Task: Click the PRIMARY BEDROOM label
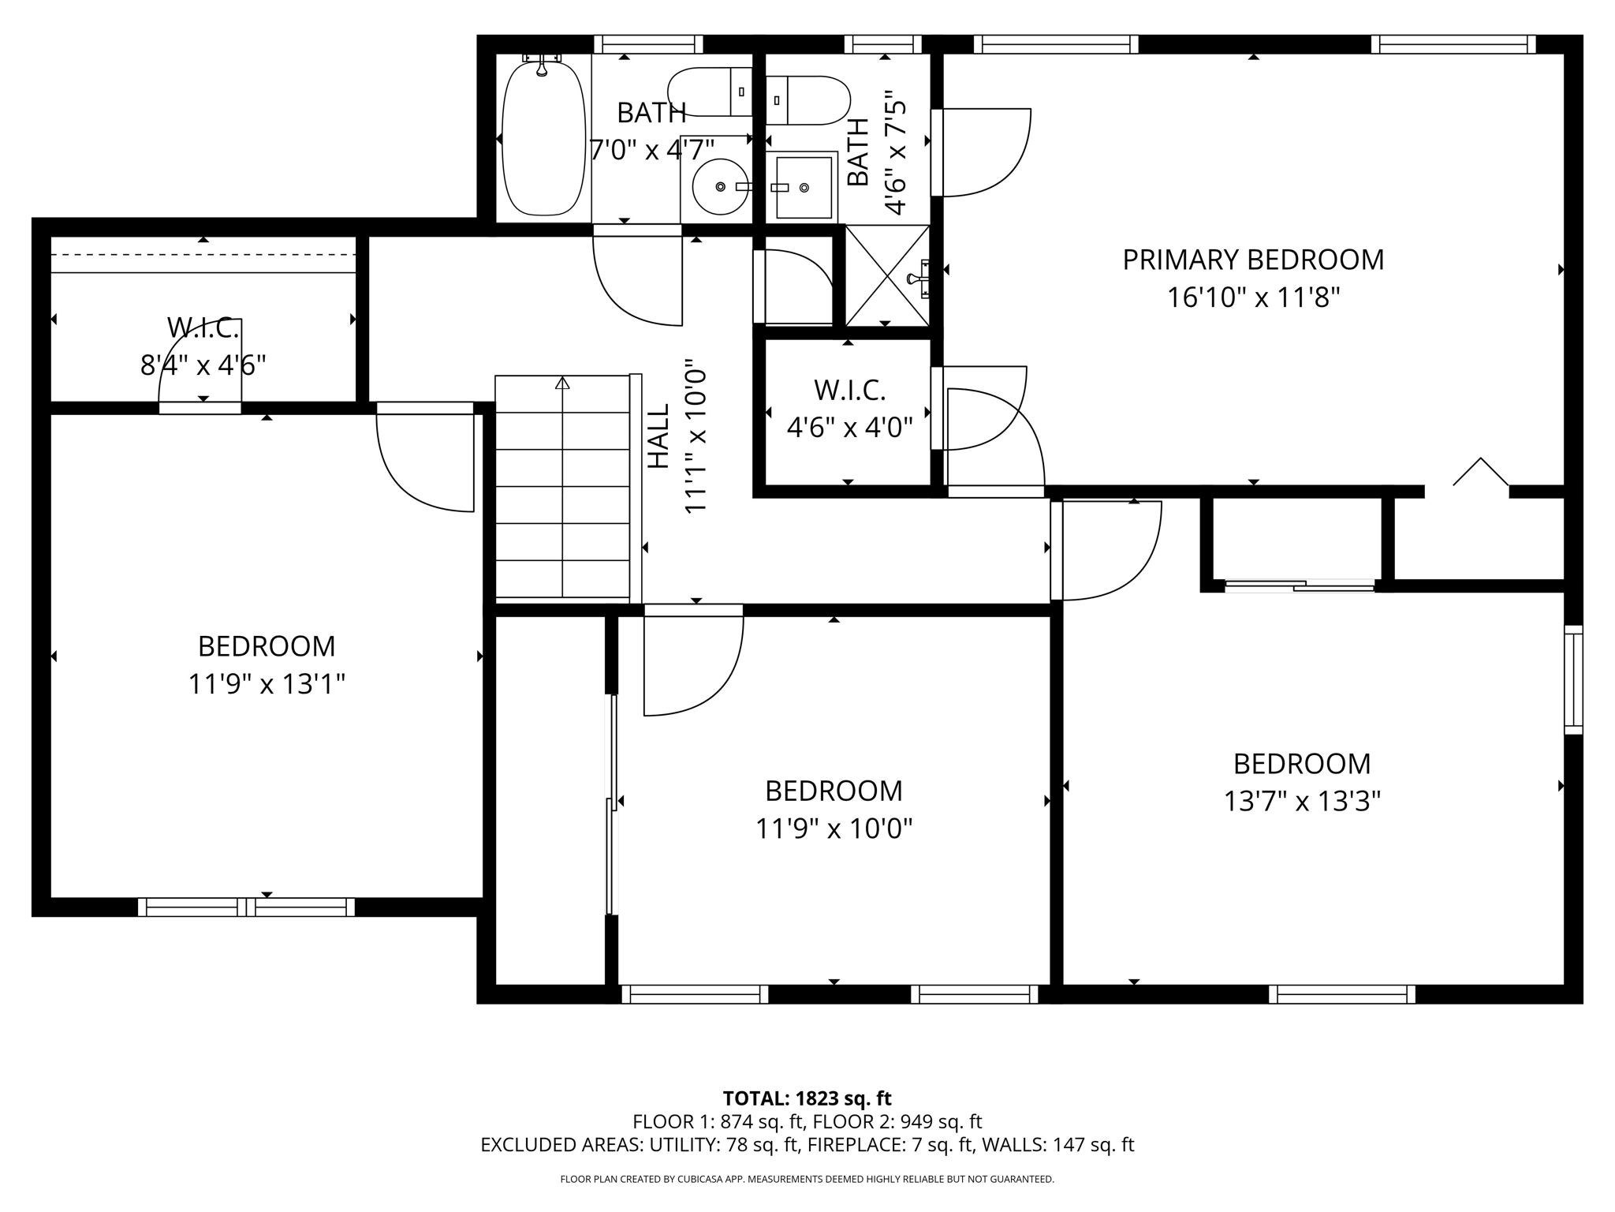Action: tap(1253, 260)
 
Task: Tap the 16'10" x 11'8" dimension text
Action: tap(1253, 298)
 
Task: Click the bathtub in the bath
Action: tap(544, 137)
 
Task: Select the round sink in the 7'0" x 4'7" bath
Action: tap(720, 186)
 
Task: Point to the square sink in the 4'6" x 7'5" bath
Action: tap(804, 187)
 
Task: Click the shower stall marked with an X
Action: tap(887, 276)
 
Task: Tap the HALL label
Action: tap(658, 436)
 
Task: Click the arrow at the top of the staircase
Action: tap(562, 383)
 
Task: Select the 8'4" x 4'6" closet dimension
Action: tap(203, 365)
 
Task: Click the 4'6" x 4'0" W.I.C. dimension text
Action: tap(850, 428)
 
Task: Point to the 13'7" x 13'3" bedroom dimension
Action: tap(1302, 802)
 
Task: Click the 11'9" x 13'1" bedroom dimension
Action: tap(267, 684)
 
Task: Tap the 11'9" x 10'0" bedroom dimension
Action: tap(834, 829)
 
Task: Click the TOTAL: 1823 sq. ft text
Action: tap(807, 1098)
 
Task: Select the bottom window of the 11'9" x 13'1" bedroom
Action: tap(246, 907)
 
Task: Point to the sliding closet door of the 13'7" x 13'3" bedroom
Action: tap(1300, 585)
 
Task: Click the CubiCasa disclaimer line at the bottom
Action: tap(807, 1180)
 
